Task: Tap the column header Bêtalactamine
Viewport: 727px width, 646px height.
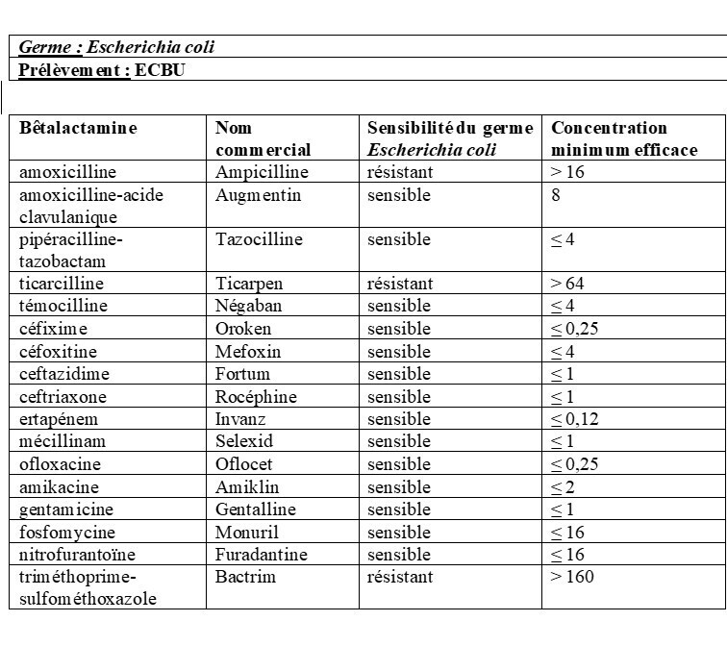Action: point(79,128)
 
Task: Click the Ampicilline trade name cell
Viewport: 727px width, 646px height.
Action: point(262,173)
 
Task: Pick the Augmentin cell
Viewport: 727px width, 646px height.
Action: point(258,195)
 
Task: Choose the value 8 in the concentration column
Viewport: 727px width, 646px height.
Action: point(556,195)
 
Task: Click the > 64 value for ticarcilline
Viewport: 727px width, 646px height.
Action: point(567,284)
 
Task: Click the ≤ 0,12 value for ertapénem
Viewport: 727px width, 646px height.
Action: point(576,419)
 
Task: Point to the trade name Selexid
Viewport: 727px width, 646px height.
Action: point(244,441)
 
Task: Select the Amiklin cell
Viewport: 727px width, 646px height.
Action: point(246,487)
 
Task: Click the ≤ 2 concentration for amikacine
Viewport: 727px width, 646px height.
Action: point(562,487)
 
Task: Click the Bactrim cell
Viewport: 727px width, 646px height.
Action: point(243,577)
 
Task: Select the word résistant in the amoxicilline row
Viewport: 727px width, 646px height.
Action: point(400,173)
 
